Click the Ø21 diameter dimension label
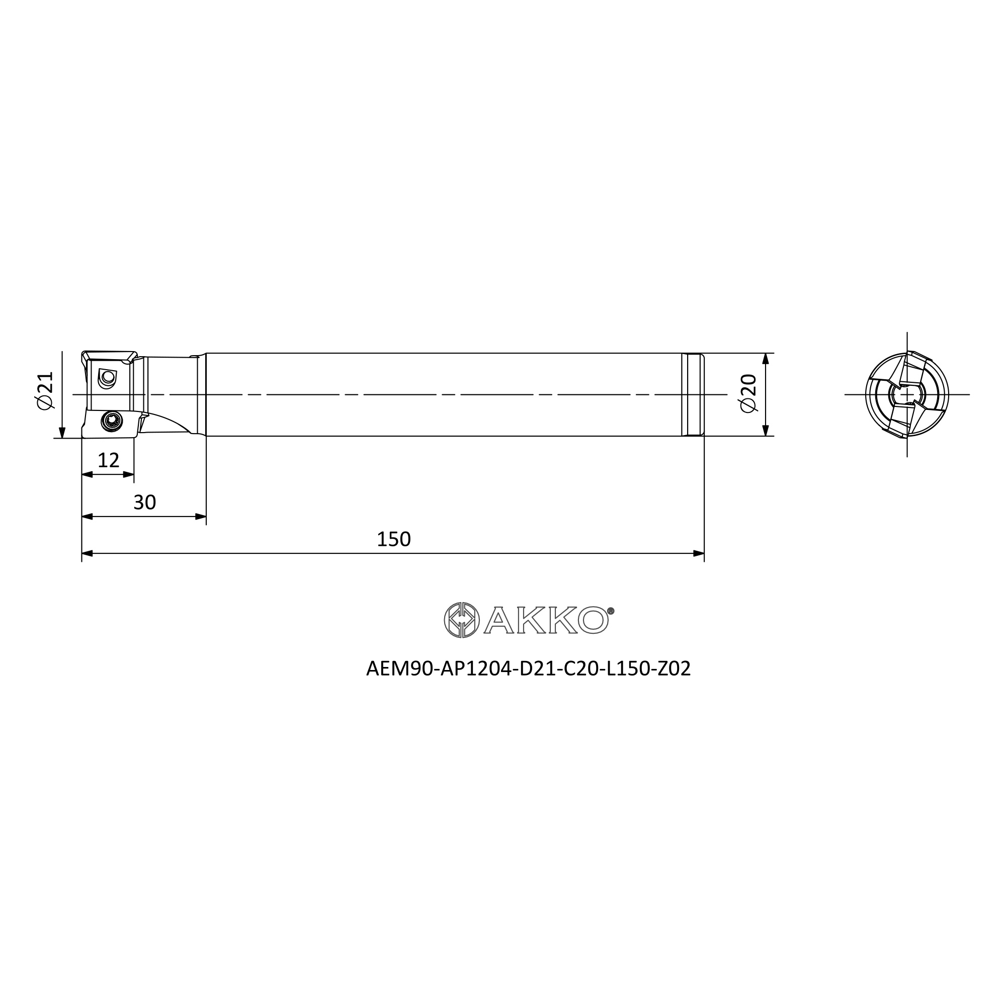46,390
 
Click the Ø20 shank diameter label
749,393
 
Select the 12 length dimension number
108,460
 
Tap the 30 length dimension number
145,502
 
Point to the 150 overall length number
394,539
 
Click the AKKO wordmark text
546,620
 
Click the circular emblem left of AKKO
461,620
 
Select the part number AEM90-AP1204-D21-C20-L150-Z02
529,669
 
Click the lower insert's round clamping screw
112,420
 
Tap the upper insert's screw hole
108,379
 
